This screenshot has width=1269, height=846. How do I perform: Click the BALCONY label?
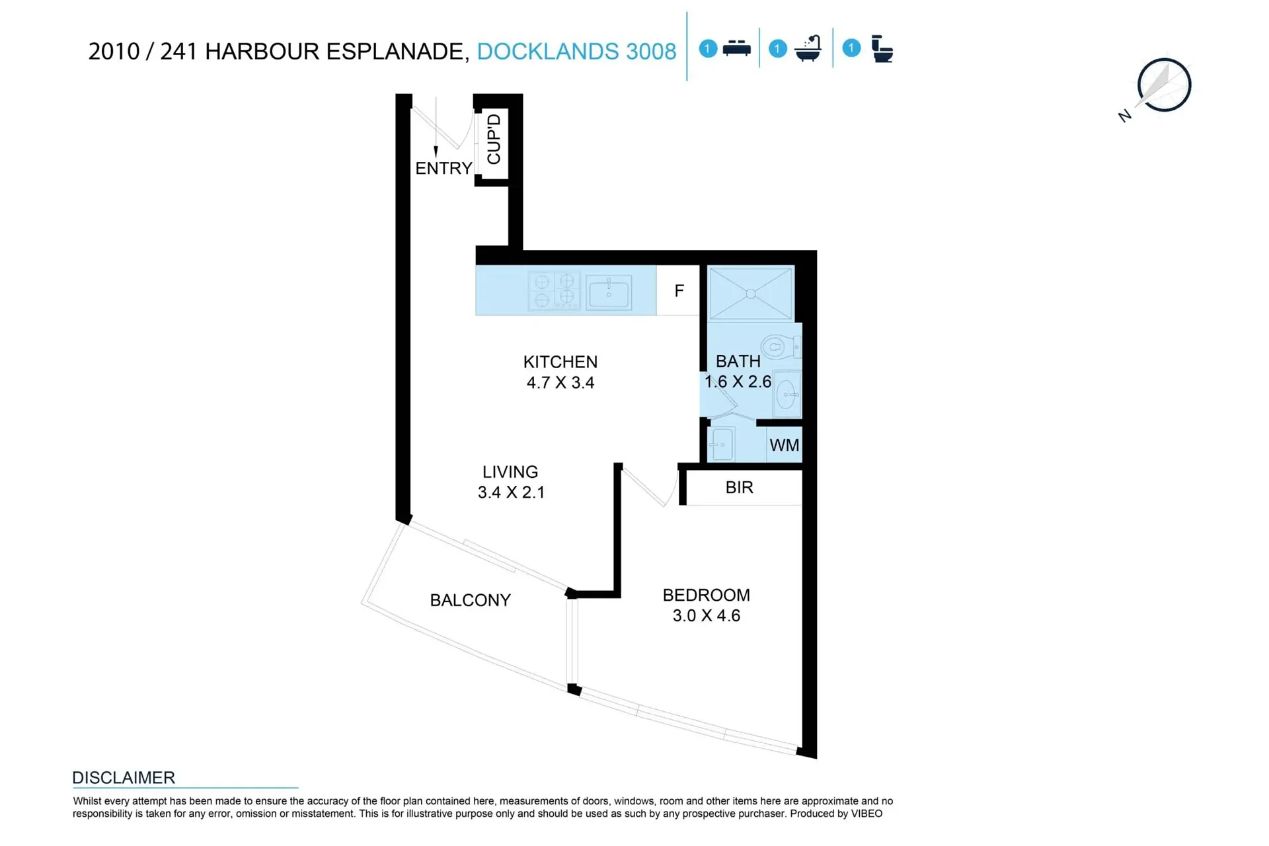470,600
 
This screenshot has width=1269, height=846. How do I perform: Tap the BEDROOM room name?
706,595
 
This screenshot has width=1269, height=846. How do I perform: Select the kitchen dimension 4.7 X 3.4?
560,383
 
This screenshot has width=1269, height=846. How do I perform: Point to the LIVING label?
510,472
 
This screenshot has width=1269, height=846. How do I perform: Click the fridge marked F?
678,291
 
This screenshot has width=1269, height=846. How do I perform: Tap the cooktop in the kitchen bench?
554,291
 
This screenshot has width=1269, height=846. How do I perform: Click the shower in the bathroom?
751,293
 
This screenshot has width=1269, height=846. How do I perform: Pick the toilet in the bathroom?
780,346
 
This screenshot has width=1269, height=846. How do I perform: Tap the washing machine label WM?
785,445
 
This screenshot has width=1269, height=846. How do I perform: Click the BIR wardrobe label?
739,488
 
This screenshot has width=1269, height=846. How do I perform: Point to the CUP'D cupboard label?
494,139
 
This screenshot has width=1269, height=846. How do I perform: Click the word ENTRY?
443,169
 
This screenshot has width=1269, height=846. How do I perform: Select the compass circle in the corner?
1164,85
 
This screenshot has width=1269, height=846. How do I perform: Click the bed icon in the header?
736,49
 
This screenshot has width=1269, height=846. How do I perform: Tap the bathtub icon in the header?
808,48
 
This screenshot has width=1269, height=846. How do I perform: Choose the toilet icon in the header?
882,49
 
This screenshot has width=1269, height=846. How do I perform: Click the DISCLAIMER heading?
124,778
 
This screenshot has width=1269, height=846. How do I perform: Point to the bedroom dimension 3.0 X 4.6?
707,616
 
